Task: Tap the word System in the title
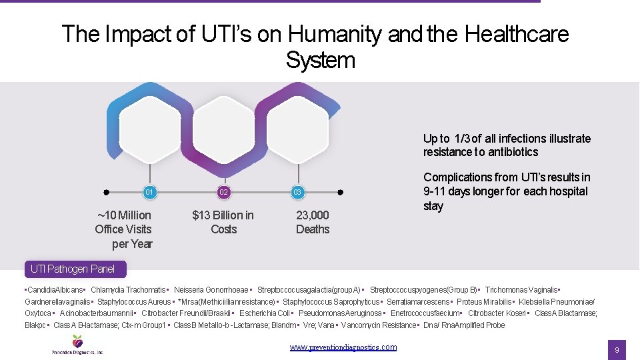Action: (320, 60)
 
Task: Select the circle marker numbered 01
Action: (149, 193)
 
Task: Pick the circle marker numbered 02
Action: (223, 193)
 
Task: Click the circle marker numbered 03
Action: (298, 193)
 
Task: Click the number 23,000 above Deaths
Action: (313, 215)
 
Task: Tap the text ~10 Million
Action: (124, 215)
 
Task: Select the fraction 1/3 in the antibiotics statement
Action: (461, 139)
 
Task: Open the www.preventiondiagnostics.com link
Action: (343, 347)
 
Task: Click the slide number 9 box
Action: (617, 350)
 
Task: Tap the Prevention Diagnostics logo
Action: (77, 344)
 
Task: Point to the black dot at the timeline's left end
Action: (107, 193)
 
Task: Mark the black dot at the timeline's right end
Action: (340, 193)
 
